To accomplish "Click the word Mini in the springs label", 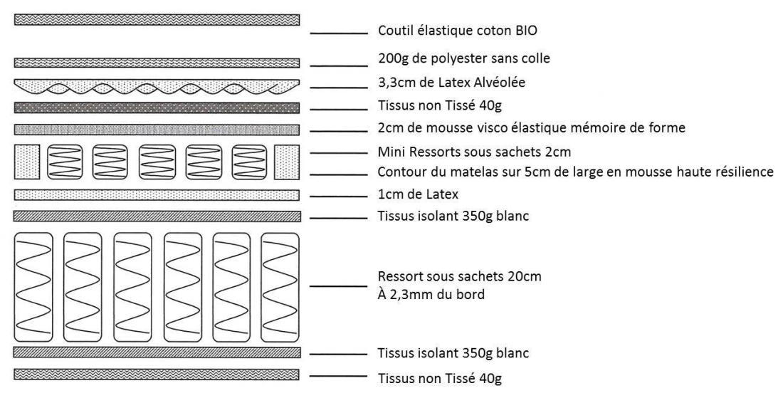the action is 390,152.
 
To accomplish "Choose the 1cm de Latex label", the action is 418,194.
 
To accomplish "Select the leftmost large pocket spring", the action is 33,287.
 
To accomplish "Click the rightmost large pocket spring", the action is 280,287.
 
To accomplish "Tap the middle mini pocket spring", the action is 157,162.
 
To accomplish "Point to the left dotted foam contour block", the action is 27,162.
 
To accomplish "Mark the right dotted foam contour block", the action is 287,162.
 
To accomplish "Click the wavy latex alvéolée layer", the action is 157,86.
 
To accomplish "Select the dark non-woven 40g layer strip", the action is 157,108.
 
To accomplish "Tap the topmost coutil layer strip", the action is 157,19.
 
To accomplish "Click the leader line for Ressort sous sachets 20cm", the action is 339,286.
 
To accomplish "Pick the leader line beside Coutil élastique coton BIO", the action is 339,33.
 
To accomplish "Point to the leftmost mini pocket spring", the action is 64,162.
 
